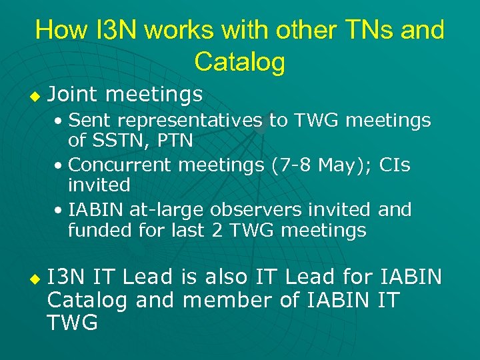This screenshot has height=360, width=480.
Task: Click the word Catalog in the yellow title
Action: pos(240,62)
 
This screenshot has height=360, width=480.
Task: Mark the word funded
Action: pos(97,231)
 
